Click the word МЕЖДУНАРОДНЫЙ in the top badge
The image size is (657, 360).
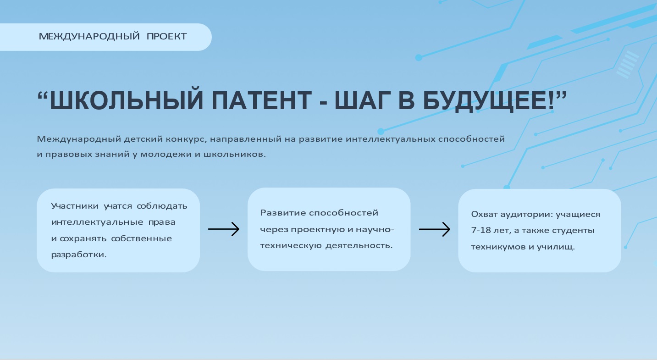point(89,37)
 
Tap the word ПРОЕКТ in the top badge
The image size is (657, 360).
point(166,36)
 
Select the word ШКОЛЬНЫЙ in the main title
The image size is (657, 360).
point(127,100)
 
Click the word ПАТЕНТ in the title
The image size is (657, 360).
point(261,100)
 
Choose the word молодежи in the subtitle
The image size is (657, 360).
point(166,155)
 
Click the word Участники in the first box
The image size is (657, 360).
point(75,206)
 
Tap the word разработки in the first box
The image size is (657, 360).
point(78,255)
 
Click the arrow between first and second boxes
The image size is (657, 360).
point(224,229)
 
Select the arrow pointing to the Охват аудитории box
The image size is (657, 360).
point(435,229)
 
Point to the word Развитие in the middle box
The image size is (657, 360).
point(283,213)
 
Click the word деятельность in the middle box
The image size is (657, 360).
point(359,245)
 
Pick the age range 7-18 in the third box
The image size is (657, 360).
point(481,230)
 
